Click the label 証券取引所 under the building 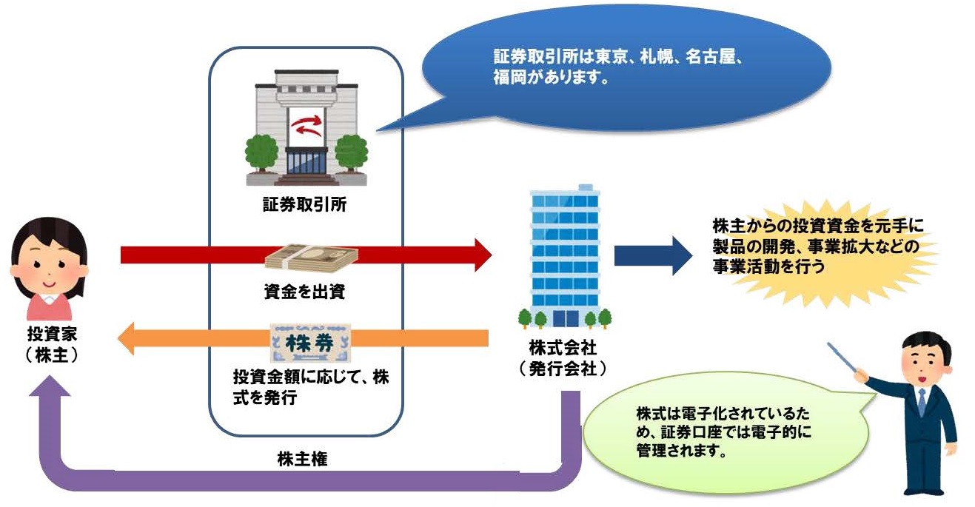[305, 205]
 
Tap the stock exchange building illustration [306, 130]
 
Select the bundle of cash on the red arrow [312, 256]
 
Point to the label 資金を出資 [304, 292]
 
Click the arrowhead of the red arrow [480, 255]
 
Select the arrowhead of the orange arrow [132, 340]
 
